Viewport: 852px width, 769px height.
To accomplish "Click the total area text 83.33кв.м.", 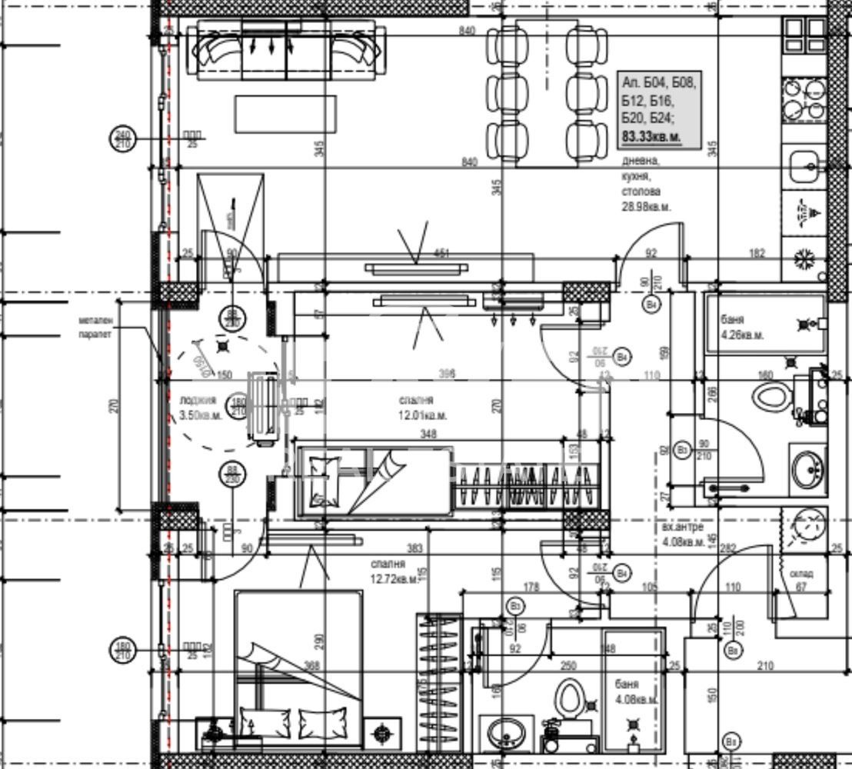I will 651,136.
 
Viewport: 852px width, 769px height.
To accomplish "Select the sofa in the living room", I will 288,50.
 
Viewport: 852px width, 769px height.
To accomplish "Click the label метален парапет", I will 95,328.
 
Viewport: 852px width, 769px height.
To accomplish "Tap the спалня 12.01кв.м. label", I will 422,408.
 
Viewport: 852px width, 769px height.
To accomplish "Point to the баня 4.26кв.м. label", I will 742,328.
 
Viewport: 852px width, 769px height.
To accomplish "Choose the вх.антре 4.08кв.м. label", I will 683,535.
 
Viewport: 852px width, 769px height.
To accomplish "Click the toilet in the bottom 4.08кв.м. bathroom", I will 571,699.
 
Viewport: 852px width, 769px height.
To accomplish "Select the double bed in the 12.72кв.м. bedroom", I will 298,669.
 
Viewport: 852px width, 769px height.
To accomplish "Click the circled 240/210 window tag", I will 123,138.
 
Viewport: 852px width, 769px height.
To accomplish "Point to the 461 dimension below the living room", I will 441,252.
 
